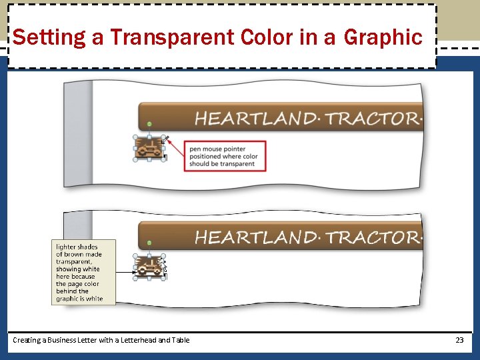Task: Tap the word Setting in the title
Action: (49, 37)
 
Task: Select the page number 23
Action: (459, 340)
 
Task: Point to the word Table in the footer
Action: (180, 340)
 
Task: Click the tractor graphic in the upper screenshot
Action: (149, 148)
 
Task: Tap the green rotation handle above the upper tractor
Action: (149, 124)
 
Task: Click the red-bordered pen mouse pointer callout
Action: (225, 157)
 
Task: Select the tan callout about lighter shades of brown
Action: (83, 273)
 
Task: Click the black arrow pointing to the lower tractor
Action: (125, 271)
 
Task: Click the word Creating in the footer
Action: (27, 340)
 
